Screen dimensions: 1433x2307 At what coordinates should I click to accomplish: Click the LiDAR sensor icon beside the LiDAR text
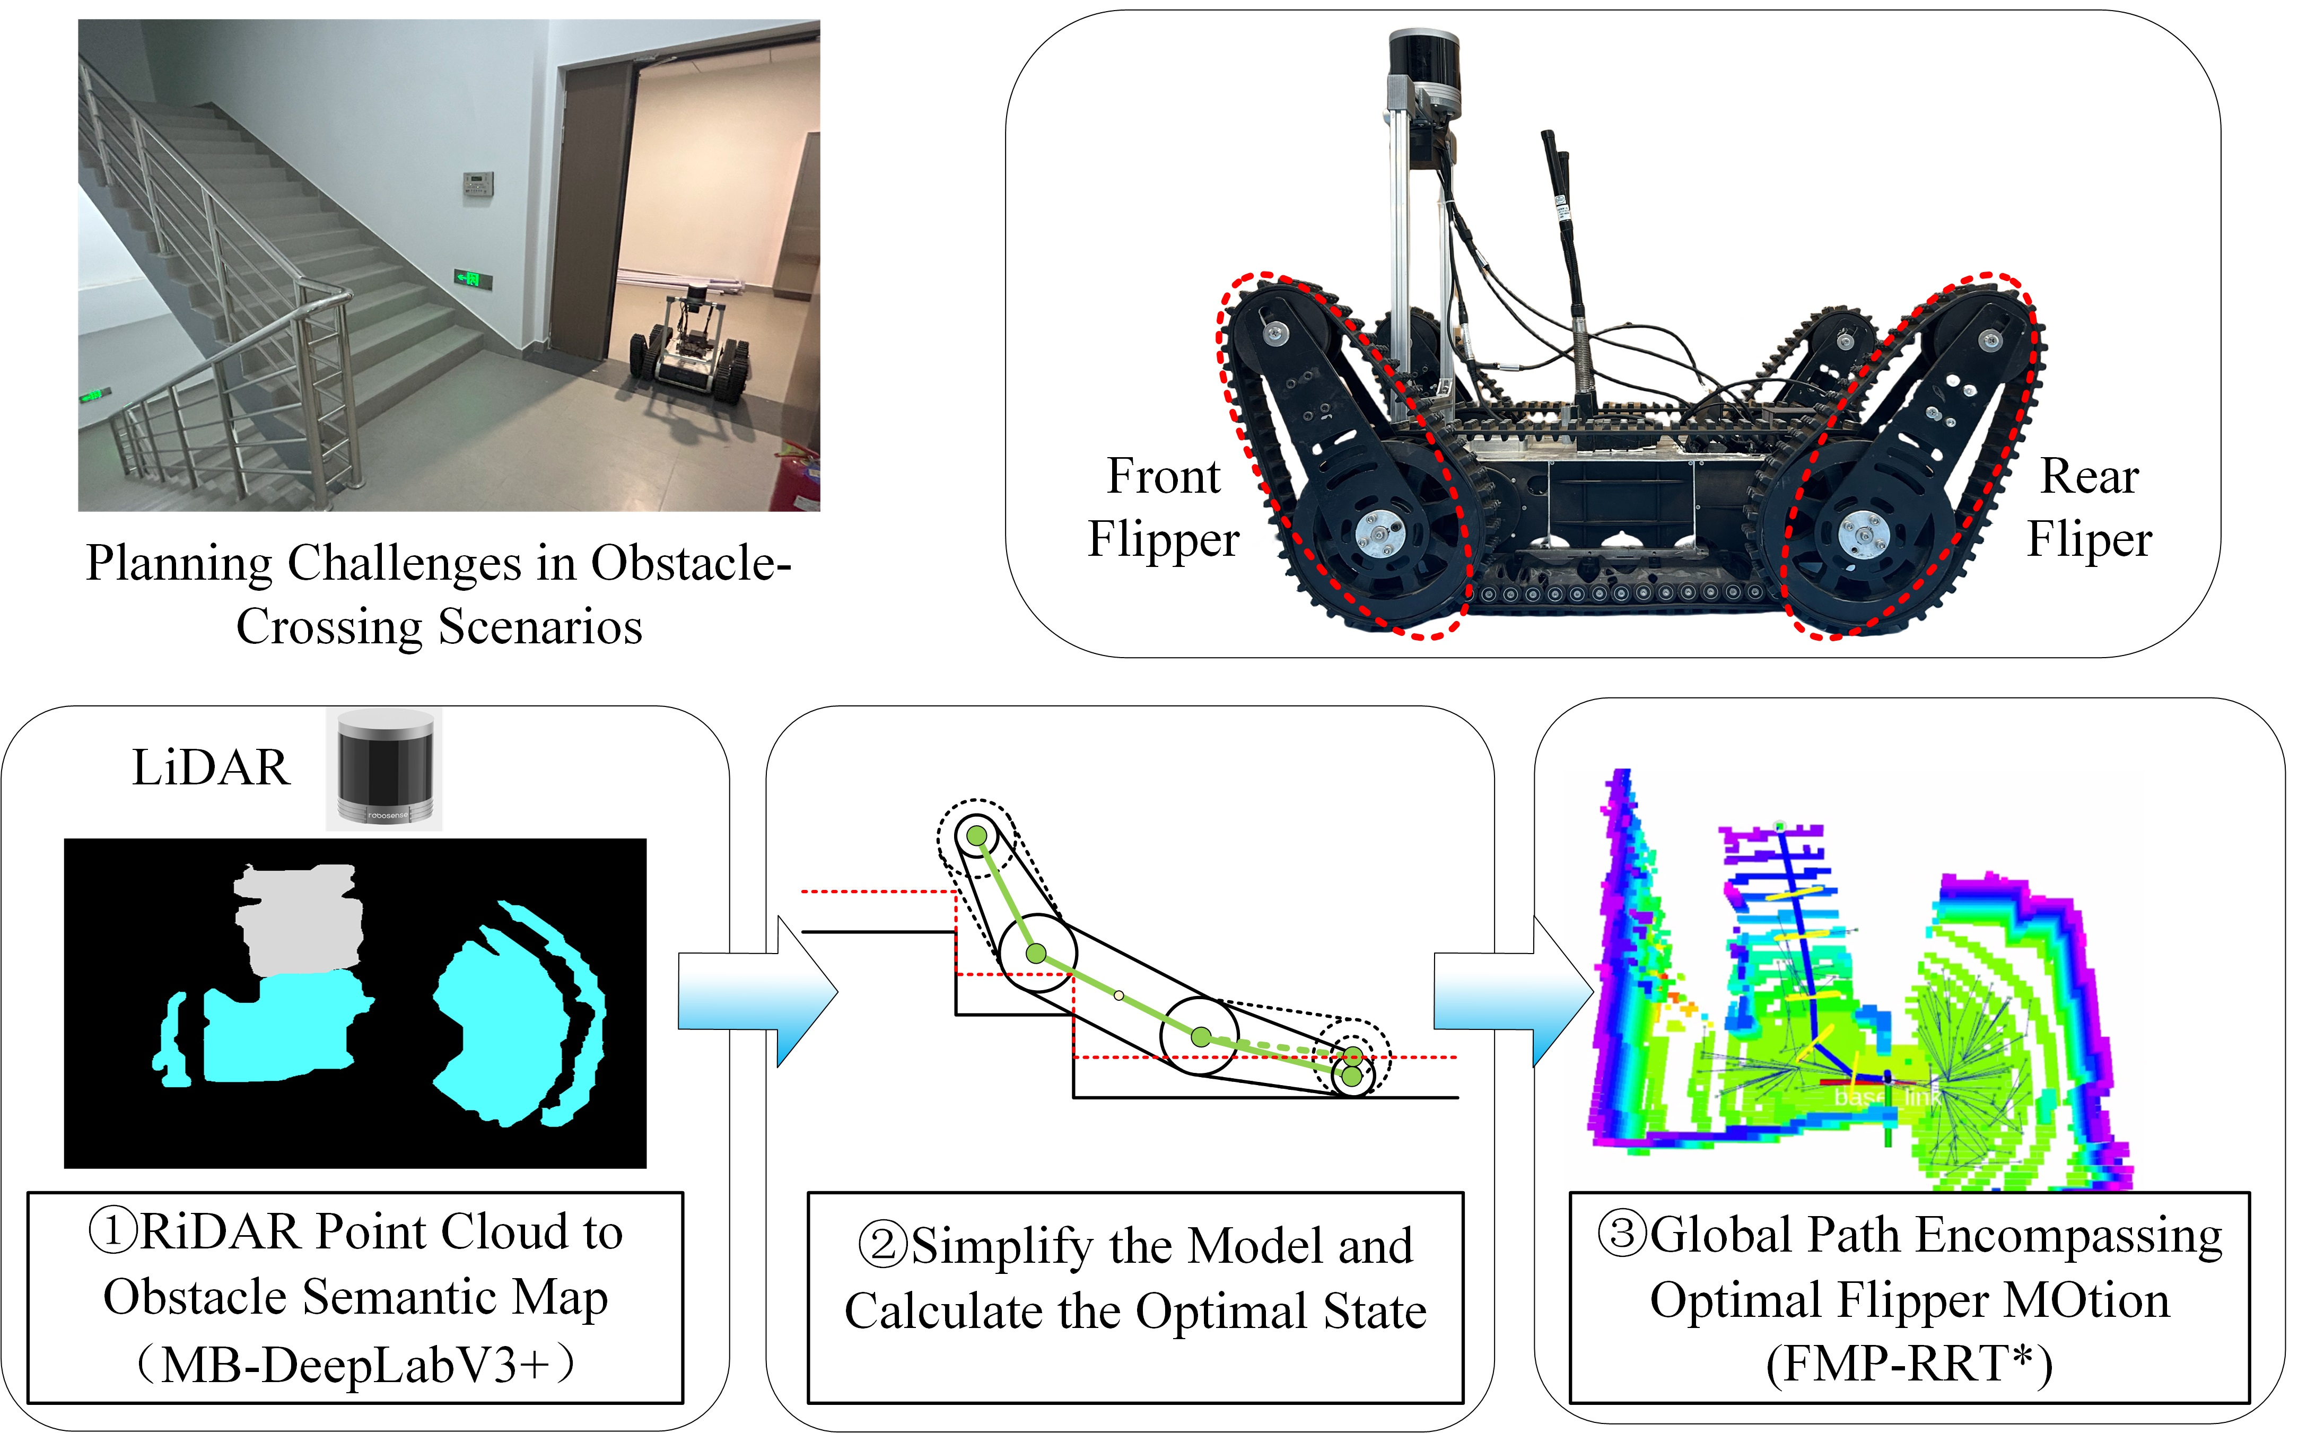(x=384, y=768)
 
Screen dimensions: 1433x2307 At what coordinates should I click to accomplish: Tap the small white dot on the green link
(x=1119, y=995)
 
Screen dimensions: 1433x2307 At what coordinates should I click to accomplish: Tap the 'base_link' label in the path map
(x=1885, y=1097)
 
